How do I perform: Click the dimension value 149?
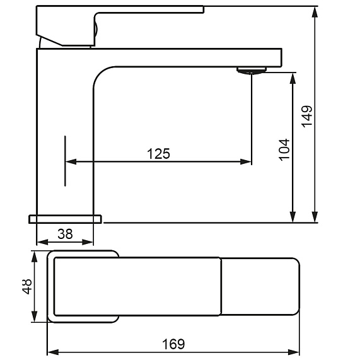pyautogui.click(x=307, y=117)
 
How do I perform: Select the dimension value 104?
pyautogui.click(x=284, y=149)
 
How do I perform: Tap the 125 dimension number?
pyautogui.click(x=158, y=154)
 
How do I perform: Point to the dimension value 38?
pyautogui.click(x=65, y=234)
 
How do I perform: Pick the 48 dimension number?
pyautogui.click(x=27, y=286)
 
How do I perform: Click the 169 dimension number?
pyautogui.click(x=173, y=344)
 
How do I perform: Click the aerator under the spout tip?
pyautogui.click(x=252, y=70)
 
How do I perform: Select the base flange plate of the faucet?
pyautogui.click(x=65, y=219)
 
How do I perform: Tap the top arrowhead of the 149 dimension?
pyautogui.click(x=315, y=12)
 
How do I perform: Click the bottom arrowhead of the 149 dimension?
pyautogui.click(x=315, y=217)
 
